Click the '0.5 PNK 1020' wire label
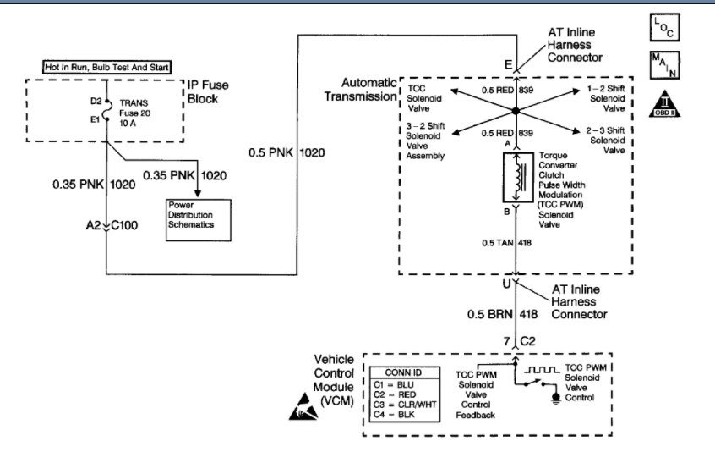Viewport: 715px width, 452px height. click(x=287, y=153)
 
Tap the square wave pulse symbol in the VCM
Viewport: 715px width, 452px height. click(x=549, y=370)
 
